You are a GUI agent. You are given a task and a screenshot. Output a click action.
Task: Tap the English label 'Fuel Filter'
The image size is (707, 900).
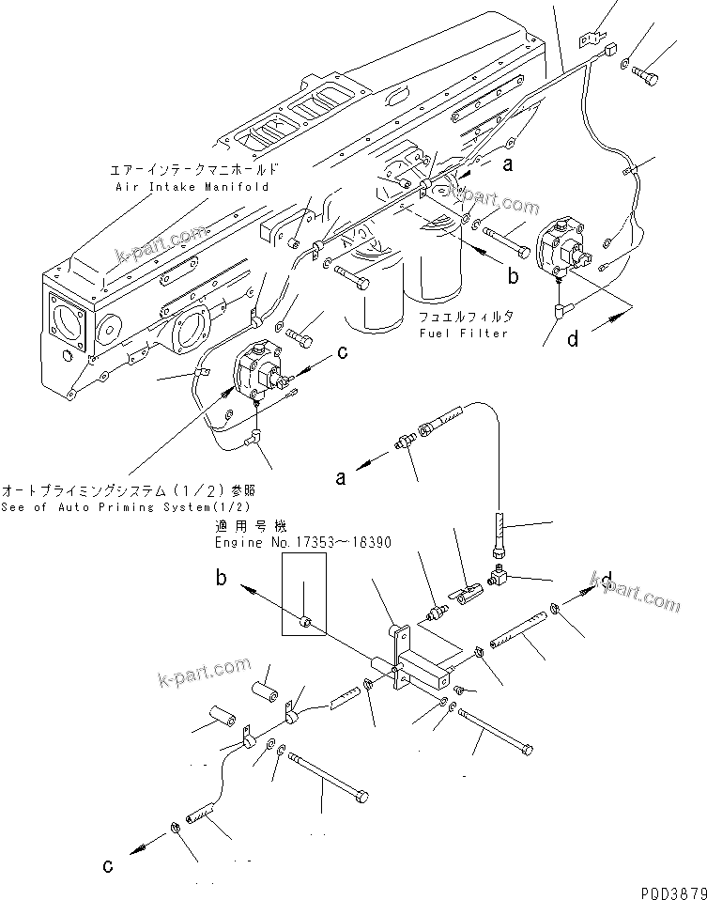point(465,333)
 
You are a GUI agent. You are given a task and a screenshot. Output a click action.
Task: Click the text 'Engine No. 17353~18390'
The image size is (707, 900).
point(303,543)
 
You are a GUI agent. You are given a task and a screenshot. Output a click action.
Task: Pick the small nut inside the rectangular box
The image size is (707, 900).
point(306,620)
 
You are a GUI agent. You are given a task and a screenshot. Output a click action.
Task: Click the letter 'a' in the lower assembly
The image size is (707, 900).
point(341,477)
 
